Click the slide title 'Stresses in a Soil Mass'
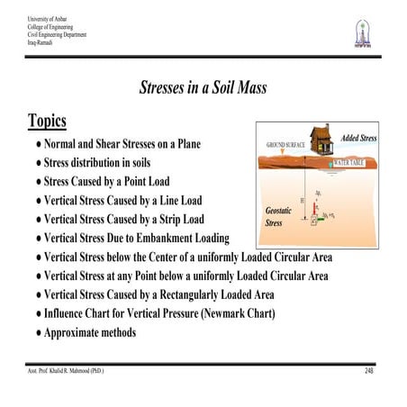pos(203,88)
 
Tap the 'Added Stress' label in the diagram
pos(358,138)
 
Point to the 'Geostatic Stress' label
pos(278,214)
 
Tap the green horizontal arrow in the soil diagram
pos(326,218)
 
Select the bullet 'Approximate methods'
pos(91,332)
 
